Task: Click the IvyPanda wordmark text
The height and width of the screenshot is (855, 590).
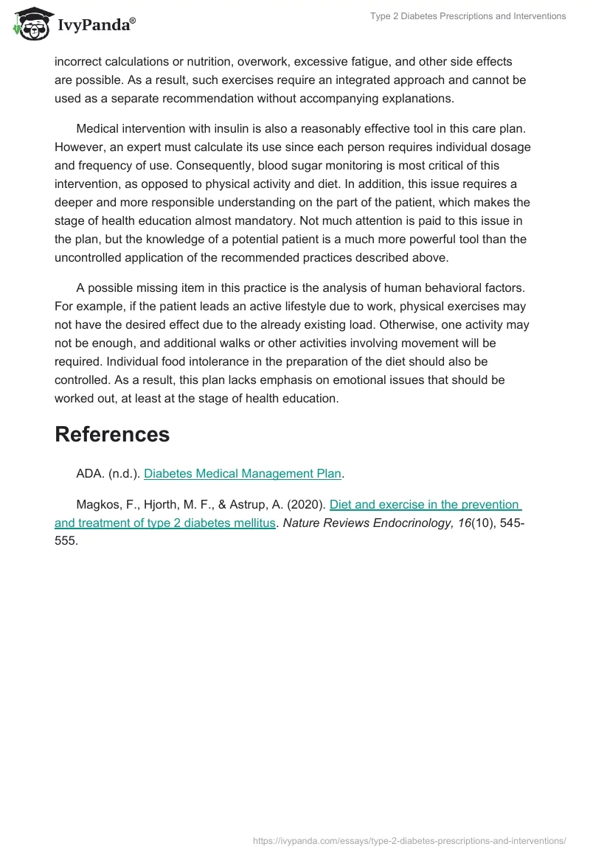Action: coord(96,26)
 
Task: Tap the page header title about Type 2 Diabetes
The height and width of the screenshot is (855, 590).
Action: coord(468,16)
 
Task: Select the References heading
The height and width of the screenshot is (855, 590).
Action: coord(112,434)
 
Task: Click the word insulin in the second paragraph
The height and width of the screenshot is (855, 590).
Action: coord(235,128)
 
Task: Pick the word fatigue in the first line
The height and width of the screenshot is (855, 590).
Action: coord(355,61)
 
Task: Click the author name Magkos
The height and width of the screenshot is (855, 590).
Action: coord(99,505)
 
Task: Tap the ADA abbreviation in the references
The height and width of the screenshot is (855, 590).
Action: coord(89,473)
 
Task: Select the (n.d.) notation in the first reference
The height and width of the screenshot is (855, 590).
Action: coord(123,473)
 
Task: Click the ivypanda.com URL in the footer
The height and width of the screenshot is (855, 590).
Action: coord(409,840)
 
